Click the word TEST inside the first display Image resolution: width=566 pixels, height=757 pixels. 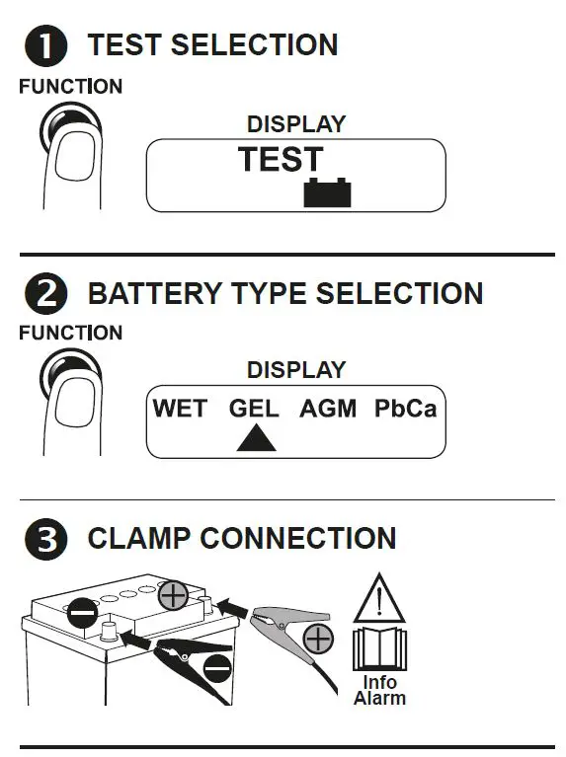click(x=281, y=160)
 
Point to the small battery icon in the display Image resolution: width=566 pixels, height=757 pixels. click(x=327, y=191)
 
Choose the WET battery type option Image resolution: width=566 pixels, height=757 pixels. click(x=180, y=408)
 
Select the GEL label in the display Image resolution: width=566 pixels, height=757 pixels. click(x=254, y=408)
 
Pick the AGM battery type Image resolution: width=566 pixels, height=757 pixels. click(x=328, y=408)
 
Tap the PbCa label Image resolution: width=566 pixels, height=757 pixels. click(x=405, y=408)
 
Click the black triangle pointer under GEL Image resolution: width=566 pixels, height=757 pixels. click(x=256, y=438)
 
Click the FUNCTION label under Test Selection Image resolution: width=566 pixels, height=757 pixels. click(x=70, y=87)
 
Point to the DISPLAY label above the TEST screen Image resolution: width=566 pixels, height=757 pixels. click(x=295, y=124)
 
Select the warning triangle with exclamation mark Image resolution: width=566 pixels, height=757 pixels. click(x=379, y=599)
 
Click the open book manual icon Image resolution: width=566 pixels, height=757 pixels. click(x=379, y=647)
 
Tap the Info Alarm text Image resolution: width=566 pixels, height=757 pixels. click(x=379, y=690)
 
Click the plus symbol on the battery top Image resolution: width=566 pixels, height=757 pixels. click(x=173, y=595)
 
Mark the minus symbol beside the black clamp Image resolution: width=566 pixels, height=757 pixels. click(x=219, y=670)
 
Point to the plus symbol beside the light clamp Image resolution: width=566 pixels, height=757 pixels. click(x=318, y=640)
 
